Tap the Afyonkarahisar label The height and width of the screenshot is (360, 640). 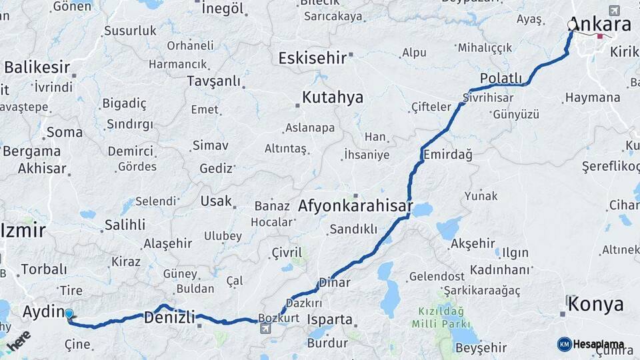(355, 205)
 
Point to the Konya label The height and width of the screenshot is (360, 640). (597, 305)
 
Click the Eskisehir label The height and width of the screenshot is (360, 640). (313, 58)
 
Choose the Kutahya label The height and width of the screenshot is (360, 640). (332, 98)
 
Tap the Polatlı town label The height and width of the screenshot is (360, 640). (501, 79)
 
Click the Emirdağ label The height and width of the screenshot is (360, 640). (447, 155)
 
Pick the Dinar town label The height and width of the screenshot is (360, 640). (335, 283)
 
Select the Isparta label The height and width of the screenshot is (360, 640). (329, 319)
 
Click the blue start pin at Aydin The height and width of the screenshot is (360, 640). (69, 313)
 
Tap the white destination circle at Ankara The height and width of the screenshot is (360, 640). (571, 25)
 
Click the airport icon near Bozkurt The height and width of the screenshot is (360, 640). (266, 329)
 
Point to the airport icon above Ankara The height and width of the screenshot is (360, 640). (614, 11)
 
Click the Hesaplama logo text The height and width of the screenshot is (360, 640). (599, 344)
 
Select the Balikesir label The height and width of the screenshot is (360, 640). (37, 67)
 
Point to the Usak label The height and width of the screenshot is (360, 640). (216, 201)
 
